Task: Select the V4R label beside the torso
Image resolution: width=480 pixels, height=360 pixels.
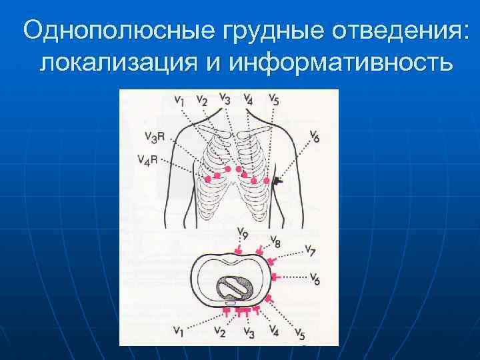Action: coord(147,159)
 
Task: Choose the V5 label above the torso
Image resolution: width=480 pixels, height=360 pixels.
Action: coord(274,99)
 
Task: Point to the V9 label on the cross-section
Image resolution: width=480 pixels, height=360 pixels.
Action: coord(242,235)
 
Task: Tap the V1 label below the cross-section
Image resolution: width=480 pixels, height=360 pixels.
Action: coord(179,329)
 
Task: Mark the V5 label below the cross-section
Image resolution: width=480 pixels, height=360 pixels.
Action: coord(299,333)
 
